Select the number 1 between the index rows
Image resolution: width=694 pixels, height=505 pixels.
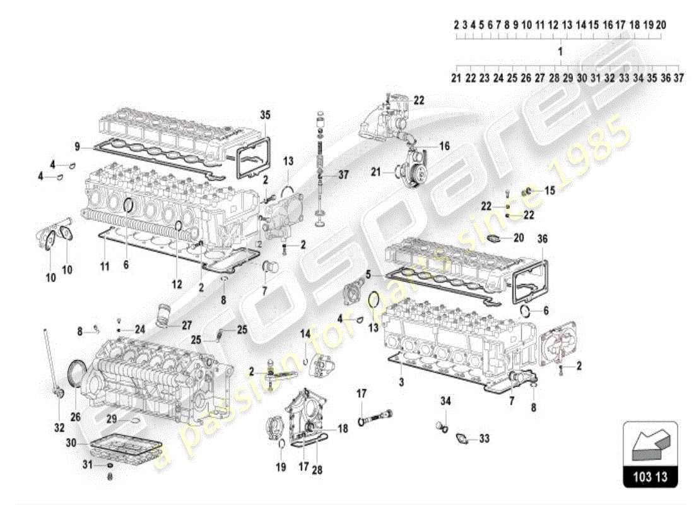[560, 50]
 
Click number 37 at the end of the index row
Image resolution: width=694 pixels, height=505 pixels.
[679, 78]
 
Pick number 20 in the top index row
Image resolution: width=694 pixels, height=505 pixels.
[661, 25]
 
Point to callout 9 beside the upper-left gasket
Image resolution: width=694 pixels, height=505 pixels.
[77, 147]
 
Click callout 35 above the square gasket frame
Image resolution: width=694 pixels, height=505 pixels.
[265, 114]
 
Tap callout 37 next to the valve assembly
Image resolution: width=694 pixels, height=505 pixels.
[343, 175]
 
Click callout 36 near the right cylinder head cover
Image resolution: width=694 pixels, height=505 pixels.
[542, 239]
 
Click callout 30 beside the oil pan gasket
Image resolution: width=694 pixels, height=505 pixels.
[71, 444]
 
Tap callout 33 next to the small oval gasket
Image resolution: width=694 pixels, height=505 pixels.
[485, 437]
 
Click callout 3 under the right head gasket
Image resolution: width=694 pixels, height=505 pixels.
[401, 383]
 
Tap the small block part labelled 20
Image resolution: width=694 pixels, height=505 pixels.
[497, 239]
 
